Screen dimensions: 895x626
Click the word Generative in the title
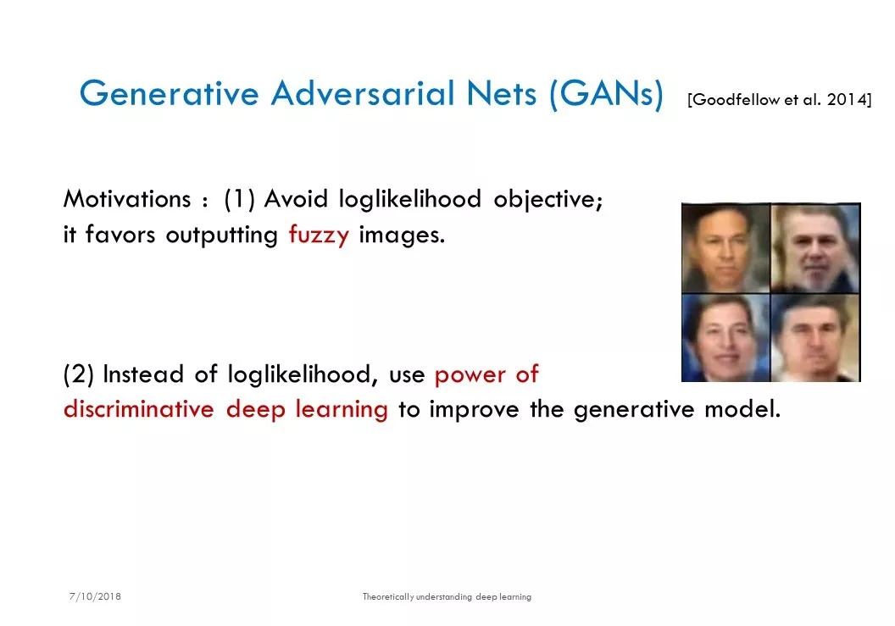click(169, 93)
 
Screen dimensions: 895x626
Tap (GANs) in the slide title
click(607, 94)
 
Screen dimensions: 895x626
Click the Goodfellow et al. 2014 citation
click(780, 100)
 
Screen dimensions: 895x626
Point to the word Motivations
click(127, 199)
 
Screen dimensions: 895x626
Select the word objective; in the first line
click(548, 200)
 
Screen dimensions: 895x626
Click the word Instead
click(143, 374)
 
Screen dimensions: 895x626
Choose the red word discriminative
click(139, 409)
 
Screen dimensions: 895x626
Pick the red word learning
click(342, 410)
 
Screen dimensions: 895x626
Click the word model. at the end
click(742, 409)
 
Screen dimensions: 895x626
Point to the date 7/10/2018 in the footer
click(95, 596)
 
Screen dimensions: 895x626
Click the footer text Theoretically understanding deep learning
click(447, 597)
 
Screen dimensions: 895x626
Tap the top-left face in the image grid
click(726, 248)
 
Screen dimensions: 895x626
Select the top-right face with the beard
click(815, 248)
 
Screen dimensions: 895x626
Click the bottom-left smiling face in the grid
click(726, 338)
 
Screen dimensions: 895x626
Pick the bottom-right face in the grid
click(815, 338)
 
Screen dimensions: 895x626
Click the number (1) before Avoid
click(239, 200)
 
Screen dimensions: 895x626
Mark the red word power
click(470, 375)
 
